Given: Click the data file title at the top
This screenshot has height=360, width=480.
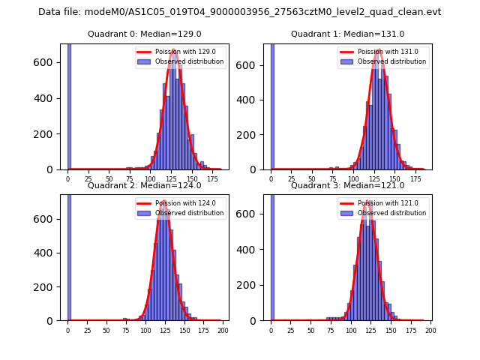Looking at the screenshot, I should pyautogui.click(x=240, y=12).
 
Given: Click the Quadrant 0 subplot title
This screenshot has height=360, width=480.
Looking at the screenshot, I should pyautogui.click(x=145, y=34).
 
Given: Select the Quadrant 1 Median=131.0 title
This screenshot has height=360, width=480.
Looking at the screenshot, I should pyautogui.click(x=347, y=34).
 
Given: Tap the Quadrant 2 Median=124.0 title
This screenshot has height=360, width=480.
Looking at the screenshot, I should pyautogui.click(x=145, y=185).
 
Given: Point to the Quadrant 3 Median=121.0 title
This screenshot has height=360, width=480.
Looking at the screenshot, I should pyautogui.click(x=347, y=185).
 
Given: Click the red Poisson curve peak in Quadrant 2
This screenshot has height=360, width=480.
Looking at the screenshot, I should pyautogui.click(x=163, y=202).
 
